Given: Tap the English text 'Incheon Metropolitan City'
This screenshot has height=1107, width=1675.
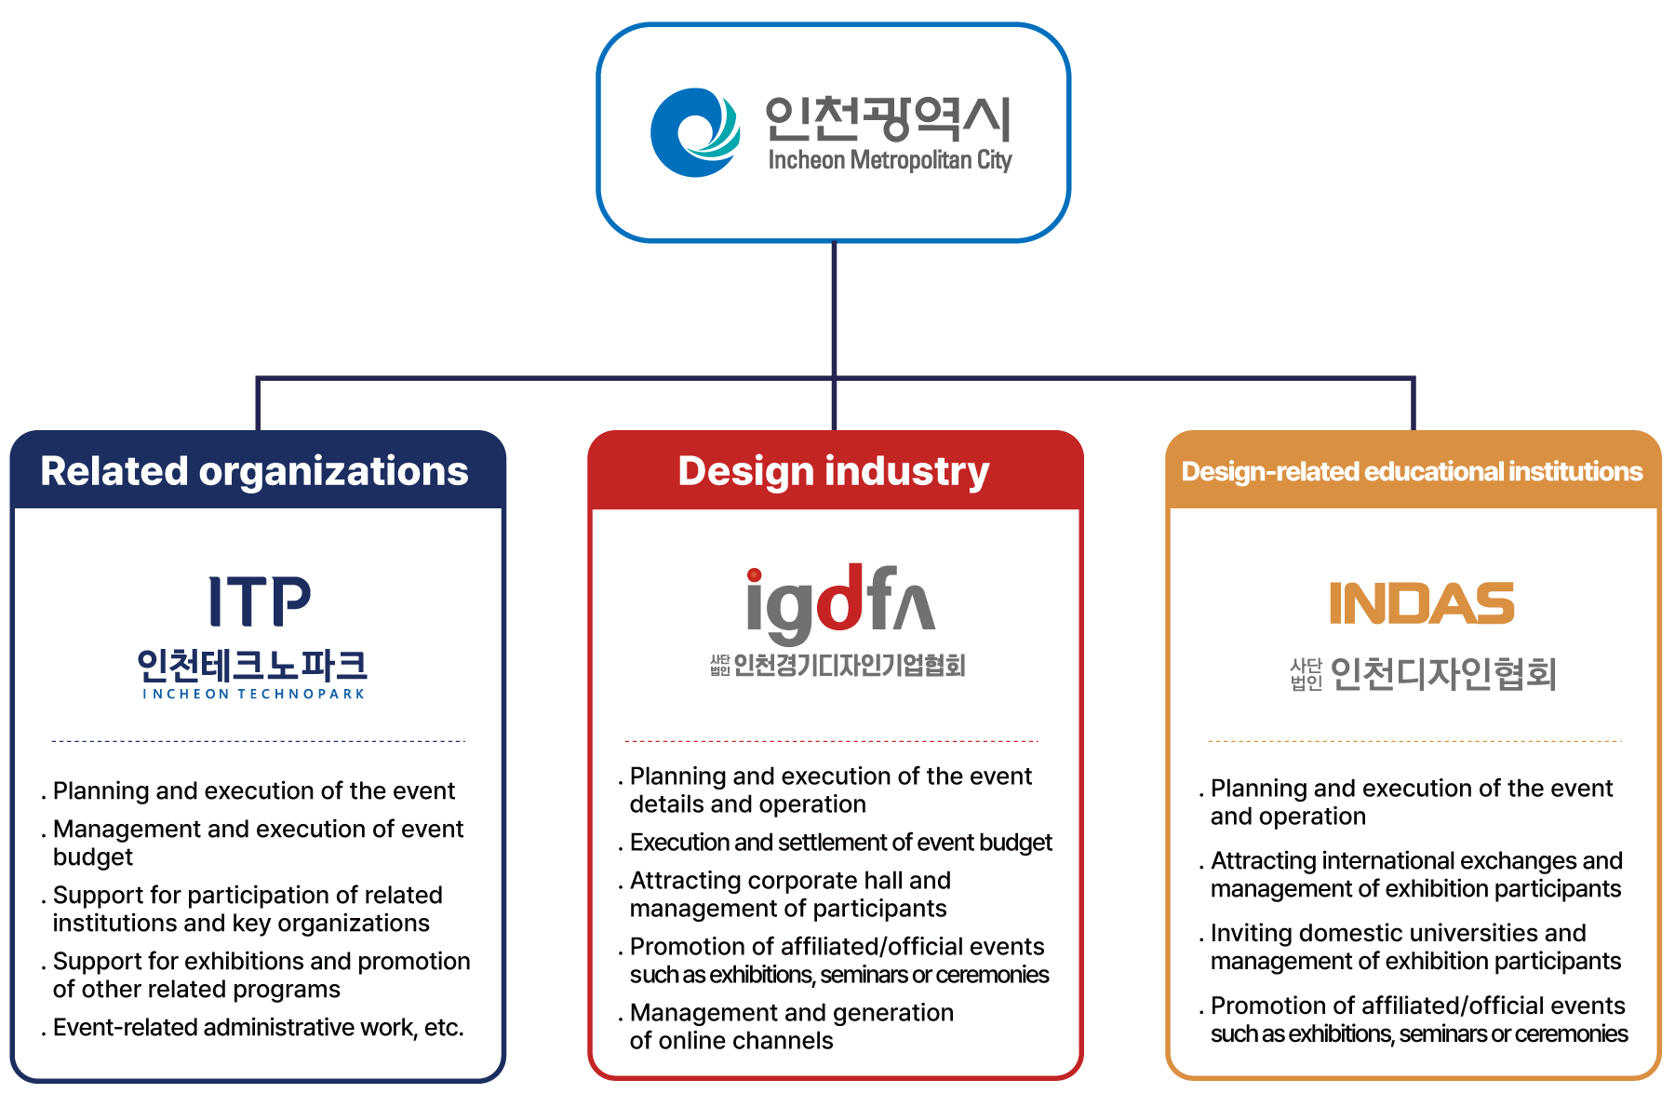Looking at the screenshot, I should tap(890, 160).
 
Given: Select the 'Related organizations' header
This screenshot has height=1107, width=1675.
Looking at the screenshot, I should tap(254, 471).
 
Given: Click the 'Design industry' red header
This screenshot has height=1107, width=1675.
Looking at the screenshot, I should tap(834, 471).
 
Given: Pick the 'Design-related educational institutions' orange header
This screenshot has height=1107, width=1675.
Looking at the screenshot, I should tap(1412, 472).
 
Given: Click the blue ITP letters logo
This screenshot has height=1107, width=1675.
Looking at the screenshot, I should tap(259, 601).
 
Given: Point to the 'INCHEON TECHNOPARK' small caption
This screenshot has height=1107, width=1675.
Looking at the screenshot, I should tap(253, 695).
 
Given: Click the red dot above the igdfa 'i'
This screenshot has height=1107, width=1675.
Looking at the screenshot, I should tap(755, 575).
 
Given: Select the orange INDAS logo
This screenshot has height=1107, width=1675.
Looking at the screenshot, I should tap(1421, 603).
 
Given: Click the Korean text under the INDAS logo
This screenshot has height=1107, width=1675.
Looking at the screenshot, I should tap(1423, 673).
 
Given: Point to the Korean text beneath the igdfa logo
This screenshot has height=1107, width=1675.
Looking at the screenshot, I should tap(837, 665).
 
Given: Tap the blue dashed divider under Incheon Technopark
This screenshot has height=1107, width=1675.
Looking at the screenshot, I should tap(258, 741).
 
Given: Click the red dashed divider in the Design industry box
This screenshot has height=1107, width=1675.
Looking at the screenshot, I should tap(831, 741).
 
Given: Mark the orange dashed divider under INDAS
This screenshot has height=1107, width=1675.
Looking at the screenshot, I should tap(1414, 741).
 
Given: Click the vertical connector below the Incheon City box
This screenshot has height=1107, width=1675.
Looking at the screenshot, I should tap(834, 307).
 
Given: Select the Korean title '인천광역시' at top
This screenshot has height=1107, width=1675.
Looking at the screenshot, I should tap(887, 118).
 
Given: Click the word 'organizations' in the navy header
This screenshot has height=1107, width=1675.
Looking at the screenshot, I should tap(333, 471).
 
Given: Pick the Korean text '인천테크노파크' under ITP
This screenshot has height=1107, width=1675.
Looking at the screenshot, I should tap(252, 665).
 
